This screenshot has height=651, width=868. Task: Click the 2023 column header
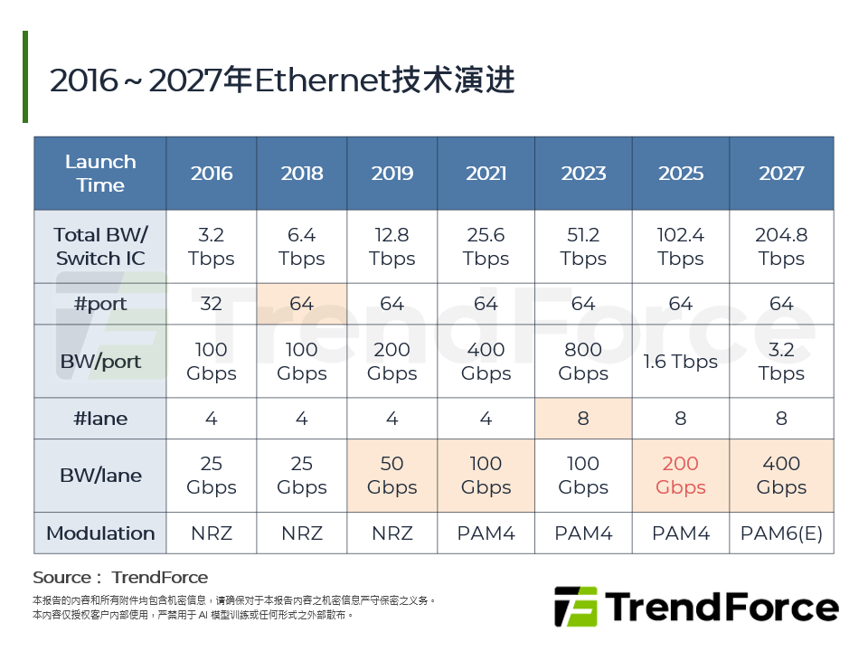point(583,174)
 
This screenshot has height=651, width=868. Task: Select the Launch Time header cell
point(100,174)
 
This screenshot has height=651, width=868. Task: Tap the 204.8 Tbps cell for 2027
point(781,247)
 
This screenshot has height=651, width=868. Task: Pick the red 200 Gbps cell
point(680,476)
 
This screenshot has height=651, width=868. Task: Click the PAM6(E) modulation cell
point(781,533)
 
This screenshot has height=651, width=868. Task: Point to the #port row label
point(100,304)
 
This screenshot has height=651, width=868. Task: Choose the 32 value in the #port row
point(211,304)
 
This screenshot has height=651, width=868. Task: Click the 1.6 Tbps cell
point(680,362)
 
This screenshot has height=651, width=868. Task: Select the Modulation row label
point(100,533)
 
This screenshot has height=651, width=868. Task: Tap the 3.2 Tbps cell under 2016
point(211,247)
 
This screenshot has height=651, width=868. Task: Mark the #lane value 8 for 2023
point(583,419)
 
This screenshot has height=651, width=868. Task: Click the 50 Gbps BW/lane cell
point(392,476)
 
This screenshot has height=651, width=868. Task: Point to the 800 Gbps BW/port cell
point(583,362)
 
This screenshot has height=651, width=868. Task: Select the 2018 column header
point(301,174)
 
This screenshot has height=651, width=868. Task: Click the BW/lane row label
point(100,476)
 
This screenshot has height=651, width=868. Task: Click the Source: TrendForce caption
point(120,578)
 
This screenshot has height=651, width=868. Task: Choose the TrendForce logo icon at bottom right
point(576,607)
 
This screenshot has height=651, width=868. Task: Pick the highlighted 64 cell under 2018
point(301,304)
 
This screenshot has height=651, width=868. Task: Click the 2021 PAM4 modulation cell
point(486,533)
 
